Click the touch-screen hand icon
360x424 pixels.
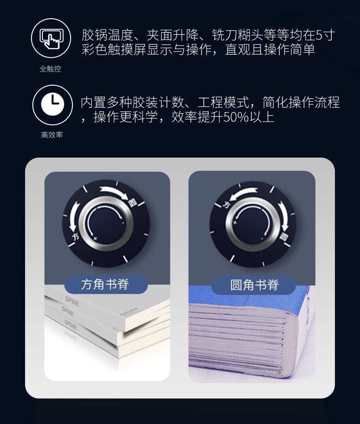pos(51,38)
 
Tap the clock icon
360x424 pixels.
pos(52,104)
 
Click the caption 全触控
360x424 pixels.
pos(50,69)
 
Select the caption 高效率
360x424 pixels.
pos(52,135)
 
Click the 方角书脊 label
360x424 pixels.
pos(105,284)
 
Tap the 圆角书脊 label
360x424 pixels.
pos(254,285)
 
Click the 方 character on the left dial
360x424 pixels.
pos(76,237)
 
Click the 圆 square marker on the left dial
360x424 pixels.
pos(133,203)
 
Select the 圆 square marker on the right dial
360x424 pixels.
pos(284,237)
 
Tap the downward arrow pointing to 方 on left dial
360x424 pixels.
pos(73,217)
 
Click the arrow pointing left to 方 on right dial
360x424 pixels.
pos(244,194)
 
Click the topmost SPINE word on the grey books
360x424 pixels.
pos(72,301)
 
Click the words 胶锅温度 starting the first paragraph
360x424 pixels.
pos(108,35)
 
